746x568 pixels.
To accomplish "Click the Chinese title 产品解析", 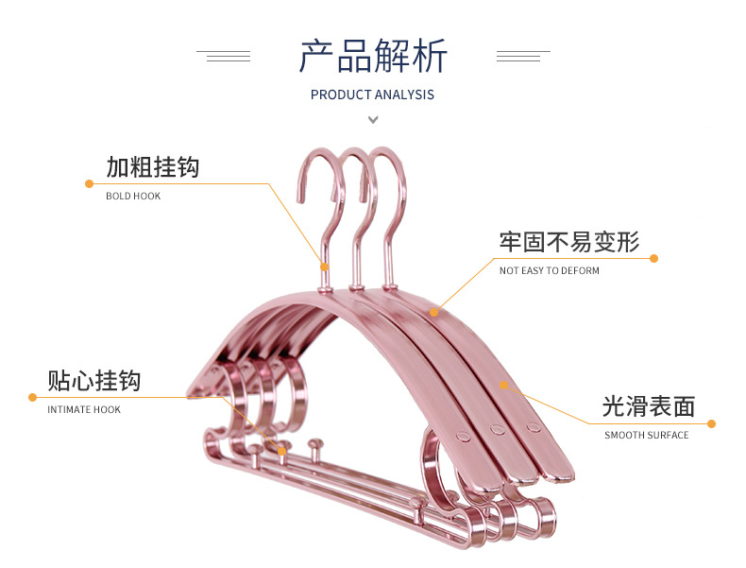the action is tap(374, 56).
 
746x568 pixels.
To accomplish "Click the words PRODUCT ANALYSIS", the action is tap(372, 95).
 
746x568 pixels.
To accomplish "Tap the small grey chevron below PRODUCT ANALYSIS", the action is tap(374, 119).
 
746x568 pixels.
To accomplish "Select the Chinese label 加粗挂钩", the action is tap(153, 167).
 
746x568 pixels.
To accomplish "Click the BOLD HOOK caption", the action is tap(133, 196).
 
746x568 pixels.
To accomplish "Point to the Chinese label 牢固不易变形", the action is tap(569, 242).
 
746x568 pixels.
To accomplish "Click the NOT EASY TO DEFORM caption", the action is tap(549, 270).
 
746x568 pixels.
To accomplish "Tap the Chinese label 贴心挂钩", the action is tap(94, 381).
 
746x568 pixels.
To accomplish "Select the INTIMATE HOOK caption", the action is tap(84, 409).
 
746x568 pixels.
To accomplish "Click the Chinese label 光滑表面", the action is tap(649, 406).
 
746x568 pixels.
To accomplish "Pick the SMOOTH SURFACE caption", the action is tap(647, 435).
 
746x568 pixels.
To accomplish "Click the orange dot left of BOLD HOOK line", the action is tap(89, 183).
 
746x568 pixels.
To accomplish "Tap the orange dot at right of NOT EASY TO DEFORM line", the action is tap(653, 259).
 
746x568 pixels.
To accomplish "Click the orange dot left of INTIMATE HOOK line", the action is tap(32, 397).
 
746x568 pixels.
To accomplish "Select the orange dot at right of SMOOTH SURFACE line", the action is tap(711, 423).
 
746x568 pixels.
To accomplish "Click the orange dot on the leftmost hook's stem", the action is tap(325, 267).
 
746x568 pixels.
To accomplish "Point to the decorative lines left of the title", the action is tap(224, 56).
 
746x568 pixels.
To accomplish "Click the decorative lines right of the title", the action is tap(523, 56).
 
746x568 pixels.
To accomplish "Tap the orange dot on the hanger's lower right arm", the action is tap(504, 385).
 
